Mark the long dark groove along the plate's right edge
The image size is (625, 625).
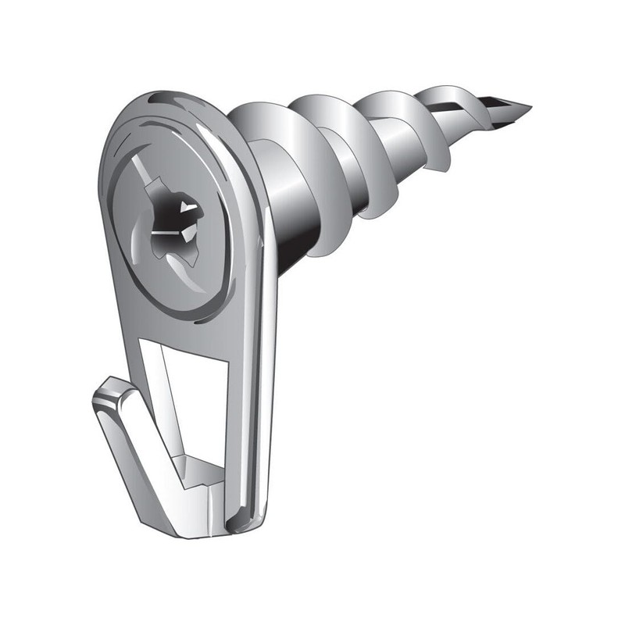pyautogui.click(x=262, y=352)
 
